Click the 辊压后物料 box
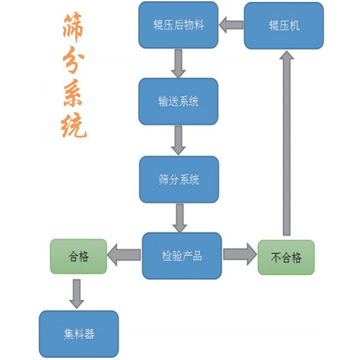click(178, 26)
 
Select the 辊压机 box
click(284, 26)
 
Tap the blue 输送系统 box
click(178, 101)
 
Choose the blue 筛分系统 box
click(178, 179)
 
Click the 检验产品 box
click(182, 256)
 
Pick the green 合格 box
click(78, 257)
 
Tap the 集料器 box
click(78, 334)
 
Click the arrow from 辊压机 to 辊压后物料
click(230, 26)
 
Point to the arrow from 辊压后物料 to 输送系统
click(178, 63)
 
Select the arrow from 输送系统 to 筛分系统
click(178, 140)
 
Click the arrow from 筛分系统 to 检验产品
click(179, 218)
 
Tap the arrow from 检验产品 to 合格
click(124, 256)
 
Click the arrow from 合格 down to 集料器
click(77, 293)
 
